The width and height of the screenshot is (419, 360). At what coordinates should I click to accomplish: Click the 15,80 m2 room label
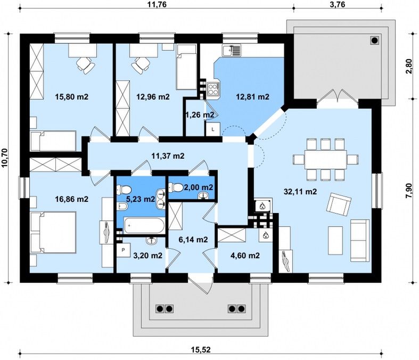pos(72,96)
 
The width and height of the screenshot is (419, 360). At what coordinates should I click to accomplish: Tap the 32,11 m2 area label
pos(300,191)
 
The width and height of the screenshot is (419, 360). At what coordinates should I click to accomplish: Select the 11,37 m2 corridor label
pos(168,156)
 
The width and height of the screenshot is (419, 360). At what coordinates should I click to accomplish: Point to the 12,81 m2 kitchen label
pos(252,96)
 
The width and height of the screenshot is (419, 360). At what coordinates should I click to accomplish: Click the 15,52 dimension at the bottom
pos(201,349)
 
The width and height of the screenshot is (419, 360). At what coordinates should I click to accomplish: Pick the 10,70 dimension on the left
pos(5,158)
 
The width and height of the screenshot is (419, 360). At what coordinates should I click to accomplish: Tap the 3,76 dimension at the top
pos(337,4)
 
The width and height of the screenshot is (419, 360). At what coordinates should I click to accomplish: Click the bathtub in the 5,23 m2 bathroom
pos(144,226)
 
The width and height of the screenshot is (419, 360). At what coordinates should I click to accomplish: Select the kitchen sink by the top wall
pos(232,50)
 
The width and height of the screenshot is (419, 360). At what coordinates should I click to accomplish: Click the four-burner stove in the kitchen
pos(213,89)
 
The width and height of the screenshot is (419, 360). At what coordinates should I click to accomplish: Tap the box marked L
pos(213,129)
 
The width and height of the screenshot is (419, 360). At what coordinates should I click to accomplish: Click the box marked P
pos(123,250)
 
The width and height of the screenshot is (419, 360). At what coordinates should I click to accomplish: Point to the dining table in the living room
pos(325,159)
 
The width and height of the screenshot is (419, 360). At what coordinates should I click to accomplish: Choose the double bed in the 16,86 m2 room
pos(53,232)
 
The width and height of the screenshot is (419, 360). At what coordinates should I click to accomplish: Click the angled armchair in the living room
pos(339,204)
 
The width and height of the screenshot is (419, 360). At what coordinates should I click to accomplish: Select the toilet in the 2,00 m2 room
pos(175,187)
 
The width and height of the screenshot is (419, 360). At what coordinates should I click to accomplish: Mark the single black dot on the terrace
pos(375,40)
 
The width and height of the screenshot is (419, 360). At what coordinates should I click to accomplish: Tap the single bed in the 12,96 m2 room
pos(187,67)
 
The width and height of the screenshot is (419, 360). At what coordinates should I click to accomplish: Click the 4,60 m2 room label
pos(245,256)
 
